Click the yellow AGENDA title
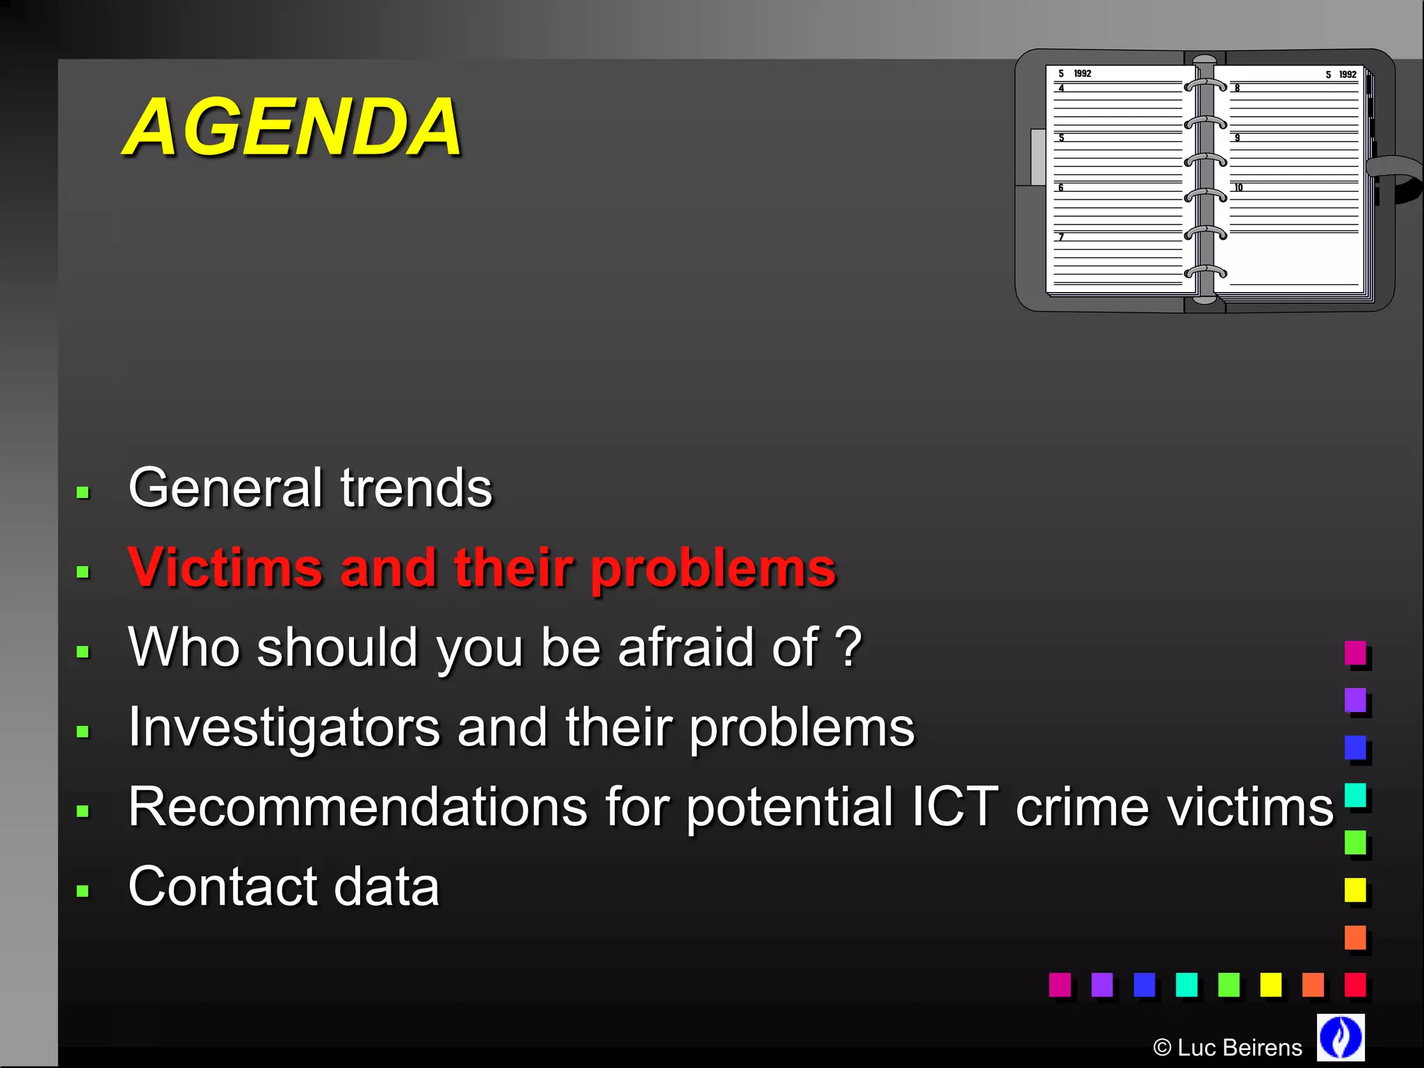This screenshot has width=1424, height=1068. [x=292, y=127]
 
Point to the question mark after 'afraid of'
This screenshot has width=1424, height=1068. [x=848, y=647]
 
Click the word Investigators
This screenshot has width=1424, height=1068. [x=284, y=727]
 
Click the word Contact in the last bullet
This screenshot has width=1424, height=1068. [x=222, y=887]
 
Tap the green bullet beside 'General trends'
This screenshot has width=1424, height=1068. [x=83, y=493]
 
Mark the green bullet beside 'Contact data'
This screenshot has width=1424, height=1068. [x=83, y=891]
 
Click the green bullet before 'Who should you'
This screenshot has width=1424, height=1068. [x=83, y=652]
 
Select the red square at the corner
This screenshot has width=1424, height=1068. [x=1354, y=984]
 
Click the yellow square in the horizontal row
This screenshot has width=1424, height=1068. [x=1270, y=984]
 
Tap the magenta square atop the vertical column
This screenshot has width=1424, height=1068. [x=1354, y=652]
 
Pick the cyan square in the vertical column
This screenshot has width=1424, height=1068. [x=1354, y=795]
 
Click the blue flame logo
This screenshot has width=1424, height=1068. [x=1340, y=1037]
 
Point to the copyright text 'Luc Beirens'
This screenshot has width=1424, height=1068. [x=1239, y=1047]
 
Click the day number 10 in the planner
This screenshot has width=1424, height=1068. [x=1238, y=188]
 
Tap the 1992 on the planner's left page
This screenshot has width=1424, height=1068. [x=1083, y=74]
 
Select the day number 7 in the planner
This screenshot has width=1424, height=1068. [x=1061, y=237]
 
